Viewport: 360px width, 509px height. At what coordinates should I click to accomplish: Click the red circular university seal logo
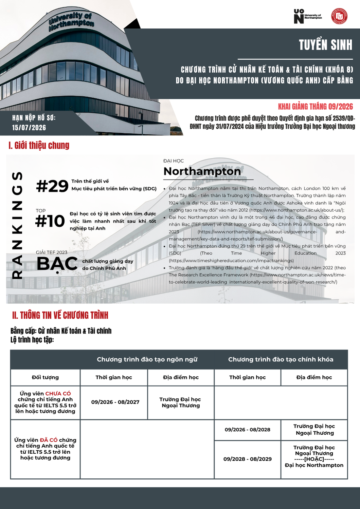339,16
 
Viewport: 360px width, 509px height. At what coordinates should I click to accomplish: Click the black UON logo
299,16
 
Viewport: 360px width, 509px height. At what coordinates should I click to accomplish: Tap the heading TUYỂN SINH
325,45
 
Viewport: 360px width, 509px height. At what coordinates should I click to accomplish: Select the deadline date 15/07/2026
29,128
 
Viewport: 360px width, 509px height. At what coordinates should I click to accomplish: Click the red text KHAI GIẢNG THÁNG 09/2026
316,107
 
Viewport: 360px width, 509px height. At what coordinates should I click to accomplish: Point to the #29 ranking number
52,186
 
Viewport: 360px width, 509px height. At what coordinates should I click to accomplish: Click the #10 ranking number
50,221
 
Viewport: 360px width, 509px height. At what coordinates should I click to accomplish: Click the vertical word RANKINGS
17,226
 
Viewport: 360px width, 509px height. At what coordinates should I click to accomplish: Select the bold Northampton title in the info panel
202,171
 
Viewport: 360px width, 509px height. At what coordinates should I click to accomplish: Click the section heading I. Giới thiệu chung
39,145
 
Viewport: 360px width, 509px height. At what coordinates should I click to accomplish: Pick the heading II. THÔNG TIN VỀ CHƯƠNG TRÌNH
60,315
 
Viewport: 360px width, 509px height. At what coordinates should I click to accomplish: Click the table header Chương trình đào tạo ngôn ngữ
147,359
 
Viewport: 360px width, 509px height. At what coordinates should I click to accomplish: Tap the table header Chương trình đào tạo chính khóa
281,359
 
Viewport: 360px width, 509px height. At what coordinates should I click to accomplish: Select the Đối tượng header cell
45,377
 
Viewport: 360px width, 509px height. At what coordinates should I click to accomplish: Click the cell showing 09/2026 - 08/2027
115,402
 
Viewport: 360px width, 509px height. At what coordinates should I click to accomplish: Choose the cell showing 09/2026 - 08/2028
247,430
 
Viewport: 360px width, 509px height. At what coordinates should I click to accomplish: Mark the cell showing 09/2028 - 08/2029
247,459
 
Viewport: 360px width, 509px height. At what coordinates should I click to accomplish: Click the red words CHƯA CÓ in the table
58,394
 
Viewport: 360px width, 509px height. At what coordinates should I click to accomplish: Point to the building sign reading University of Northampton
71,21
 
